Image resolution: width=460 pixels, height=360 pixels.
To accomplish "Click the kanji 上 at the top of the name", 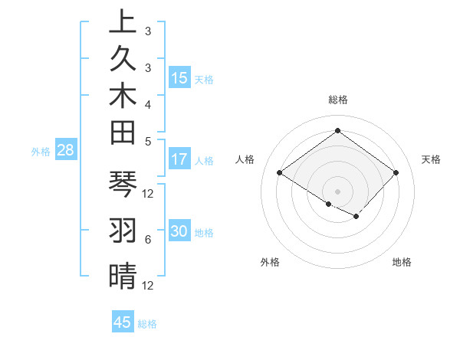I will pos(123,23).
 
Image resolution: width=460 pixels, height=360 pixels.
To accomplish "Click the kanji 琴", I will pos(123,184).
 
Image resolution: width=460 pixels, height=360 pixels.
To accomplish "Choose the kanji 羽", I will pos(123,230).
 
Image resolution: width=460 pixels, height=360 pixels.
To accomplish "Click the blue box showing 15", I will pos(179,78).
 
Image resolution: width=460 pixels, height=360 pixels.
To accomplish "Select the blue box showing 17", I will pos(179,160).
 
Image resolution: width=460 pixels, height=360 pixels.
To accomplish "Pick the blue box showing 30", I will pos(179,232).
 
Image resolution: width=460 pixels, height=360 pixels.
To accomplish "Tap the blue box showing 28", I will pos(66,151).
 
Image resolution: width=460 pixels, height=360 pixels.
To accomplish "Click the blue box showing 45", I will pos(123,322).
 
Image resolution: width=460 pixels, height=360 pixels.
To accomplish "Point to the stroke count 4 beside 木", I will pos(148,104).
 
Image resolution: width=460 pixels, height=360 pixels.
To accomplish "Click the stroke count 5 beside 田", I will pos(148,141).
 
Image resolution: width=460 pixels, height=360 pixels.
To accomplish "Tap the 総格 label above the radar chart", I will pos(337,100).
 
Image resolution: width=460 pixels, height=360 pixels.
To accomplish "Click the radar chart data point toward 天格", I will pos(396,173).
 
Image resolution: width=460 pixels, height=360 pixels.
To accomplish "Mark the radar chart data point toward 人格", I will pos(280,173).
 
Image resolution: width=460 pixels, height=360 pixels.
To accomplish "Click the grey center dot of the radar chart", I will pos(337,191).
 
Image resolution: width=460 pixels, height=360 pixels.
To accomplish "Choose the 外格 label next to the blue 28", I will pos(41,152).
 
